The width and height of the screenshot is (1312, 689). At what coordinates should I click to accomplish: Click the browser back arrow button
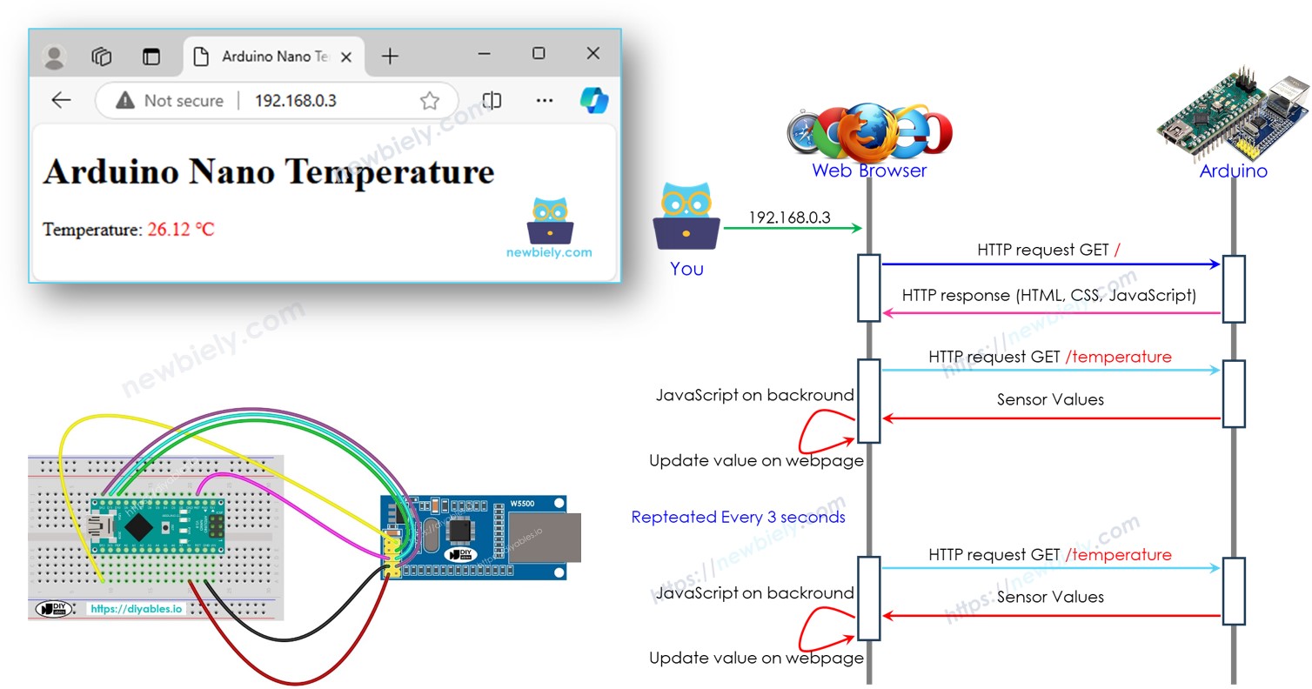61,100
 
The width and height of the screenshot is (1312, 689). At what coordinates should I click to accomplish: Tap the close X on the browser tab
345,57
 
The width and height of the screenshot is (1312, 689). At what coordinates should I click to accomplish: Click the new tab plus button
390,57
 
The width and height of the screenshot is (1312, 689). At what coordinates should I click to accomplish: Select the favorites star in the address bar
429,101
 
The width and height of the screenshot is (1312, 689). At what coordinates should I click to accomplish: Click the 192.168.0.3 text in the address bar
295,101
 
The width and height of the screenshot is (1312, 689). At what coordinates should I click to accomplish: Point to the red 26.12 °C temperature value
180,230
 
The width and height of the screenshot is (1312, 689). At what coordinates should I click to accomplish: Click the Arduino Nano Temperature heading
268,171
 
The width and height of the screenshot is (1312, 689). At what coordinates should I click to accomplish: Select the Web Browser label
868,171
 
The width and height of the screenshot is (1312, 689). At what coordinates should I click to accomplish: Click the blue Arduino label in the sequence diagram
1233,171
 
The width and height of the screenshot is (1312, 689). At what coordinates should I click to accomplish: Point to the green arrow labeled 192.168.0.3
792,228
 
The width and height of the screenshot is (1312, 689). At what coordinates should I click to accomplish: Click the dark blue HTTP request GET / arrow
1050,264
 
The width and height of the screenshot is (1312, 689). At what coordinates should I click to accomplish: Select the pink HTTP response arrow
1050,313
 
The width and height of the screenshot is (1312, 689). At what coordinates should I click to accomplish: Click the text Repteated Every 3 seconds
738,517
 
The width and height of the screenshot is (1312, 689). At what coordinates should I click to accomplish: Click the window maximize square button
539,54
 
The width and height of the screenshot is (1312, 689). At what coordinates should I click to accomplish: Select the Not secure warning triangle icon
125,101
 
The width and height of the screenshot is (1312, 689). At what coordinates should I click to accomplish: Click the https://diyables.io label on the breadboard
136,609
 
